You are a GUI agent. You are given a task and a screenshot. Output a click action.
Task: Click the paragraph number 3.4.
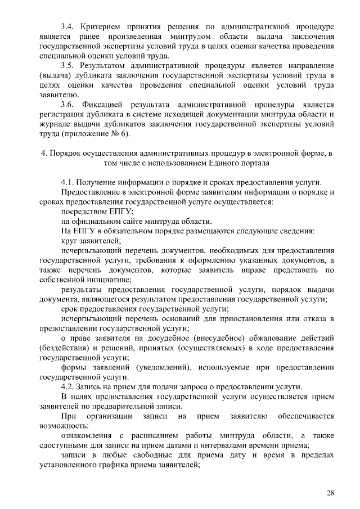(x=67, y=26)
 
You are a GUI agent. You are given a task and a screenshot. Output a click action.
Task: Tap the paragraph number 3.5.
(x=67, y=66)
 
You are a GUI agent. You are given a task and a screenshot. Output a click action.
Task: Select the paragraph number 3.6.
(x=67, y=105)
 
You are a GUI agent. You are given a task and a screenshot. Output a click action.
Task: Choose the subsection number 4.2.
(x=67, y=386)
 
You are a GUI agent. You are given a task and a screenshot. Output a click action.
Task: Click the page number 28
(x=330, y=493)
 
